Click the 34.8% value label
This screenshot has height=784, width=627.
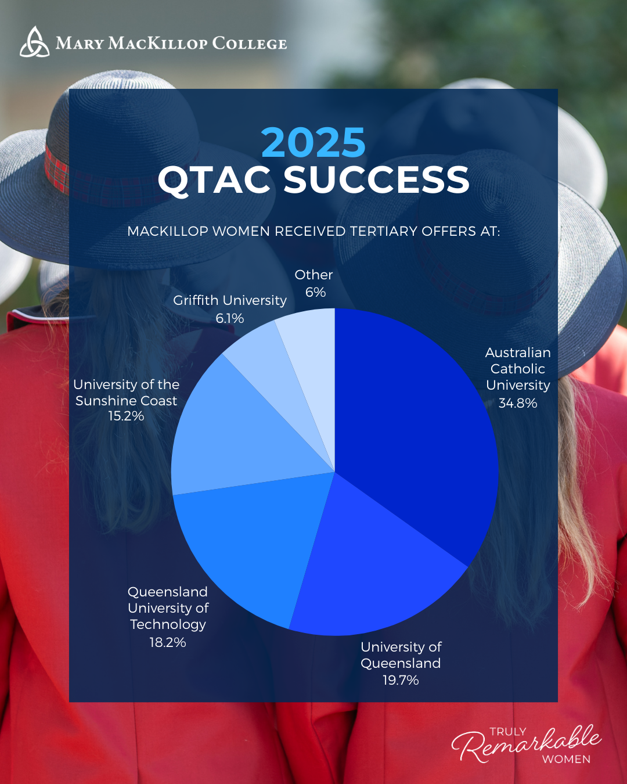[x=518, y=403]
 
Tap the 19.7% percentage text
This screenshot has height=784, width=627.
[x=401, y=680]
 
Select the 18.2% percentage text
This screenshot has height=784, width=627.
[x=168, y=642]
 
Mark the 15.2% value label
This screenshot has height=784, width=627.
[x=126, y=416]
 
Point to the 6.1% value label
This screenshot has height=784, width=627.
[x=230, y=318]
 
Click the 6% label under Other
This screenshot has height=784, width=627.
[x=315, y=292]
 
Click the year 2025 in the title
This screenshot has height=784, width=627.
[x=313, y=143]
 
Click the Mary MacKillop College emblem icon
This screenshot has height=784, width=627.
[x=34, y=42]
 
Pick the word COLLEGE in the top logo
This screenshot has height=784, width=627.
[x=250, y=44]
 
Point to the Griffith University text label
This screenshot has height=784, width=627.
[x=230, y=300]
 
